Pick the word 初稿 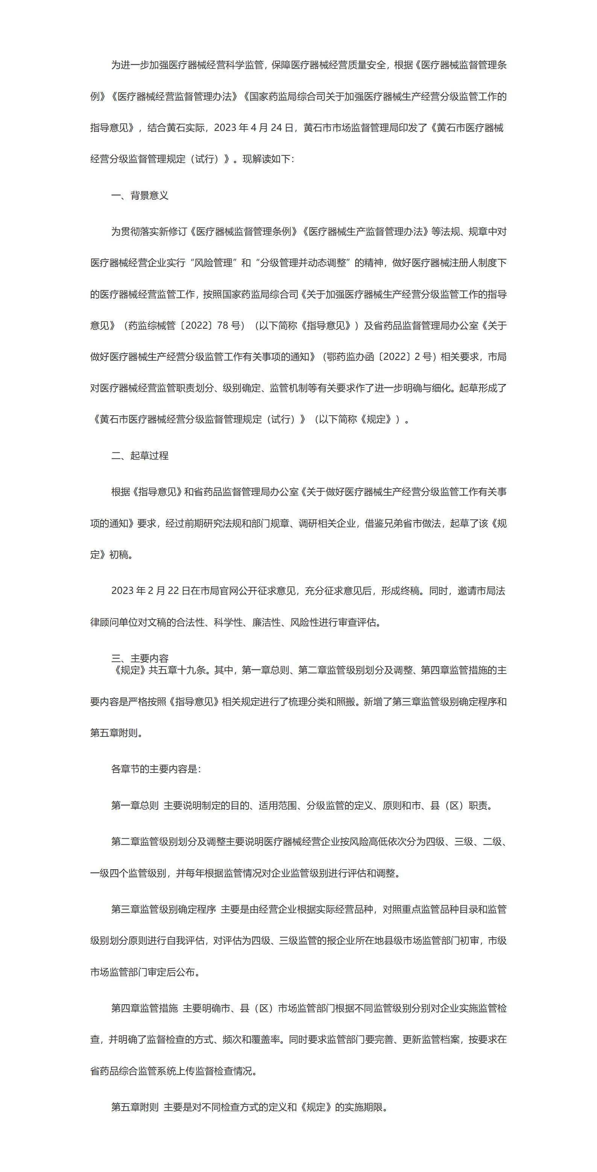118,555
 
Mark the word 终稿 410,591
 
